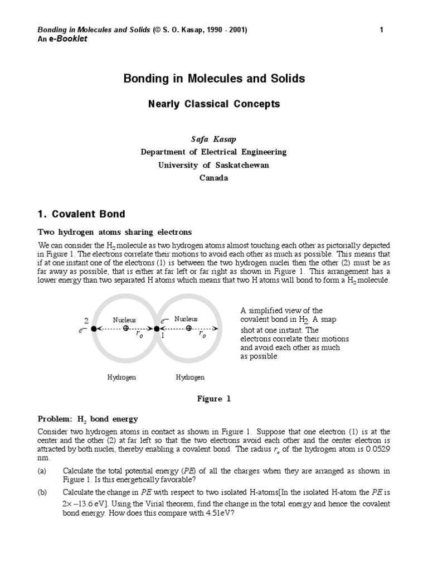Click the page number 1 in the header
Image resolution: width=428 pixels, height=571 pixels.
(381, 30)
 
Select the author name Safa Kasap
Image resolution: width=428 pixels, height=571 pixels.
(213, 138)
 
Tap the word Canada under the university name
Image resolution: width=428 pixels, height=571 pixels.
(213, 178)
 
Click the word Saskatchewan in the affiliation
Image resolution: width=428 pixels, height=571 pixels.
(240, 165)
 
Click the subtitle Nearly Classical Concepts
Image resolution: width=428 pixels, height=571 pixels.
(213, 104)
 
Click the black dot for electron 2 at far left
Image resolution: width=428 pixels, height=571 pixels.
(94, 328)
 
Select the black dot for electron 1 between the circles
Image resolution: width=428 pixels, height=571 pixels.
(157, 328)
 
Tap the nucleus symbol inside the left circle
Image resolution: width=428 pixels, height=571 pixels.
(125, 328)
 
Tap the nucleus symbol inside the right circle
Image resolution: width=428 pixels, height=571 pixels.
(188, 328)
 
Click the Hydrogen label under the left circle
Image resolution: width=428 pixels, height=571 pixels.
(121, 378)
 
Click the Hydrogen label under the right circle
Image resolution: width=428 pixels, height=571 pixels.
(190, 378)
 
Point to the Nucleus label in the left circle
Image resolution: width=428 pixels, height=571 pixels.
(124, 320)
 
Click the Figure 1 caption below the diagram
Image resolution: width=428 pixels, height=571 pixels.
(213, 399)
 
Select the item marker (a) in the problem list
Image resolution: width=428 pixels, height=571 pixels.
(42, 471)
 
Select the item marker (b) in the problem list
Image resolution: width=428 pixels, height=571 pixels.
(42, 492)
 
